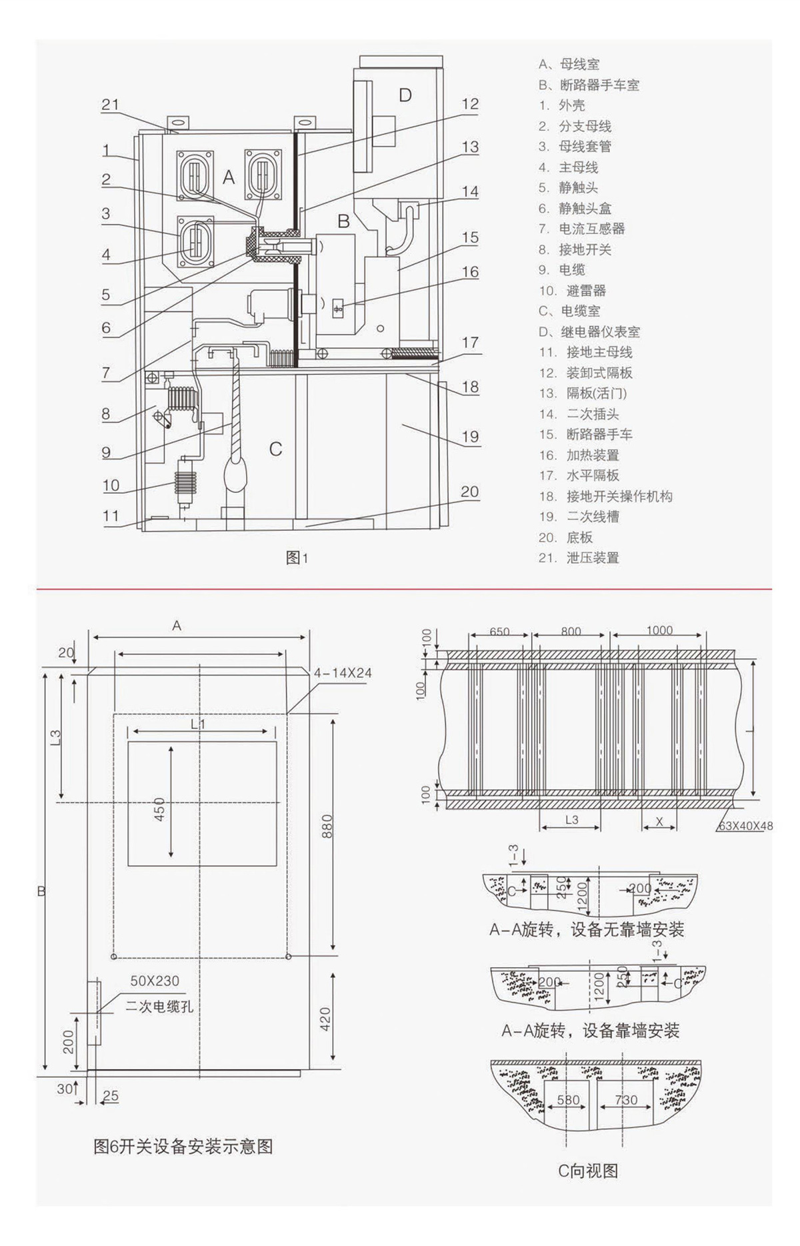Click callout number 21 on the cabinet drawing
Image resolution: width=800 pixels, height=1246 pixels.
pos(110,105)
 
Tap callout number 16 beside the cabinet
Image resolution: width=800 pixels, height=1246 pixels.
pos(470,272)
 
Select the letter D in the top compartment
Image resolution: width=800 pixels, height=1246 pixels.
pos(405,95)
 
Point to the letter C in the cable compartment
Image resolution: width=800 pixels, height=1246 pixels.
pos(275,449)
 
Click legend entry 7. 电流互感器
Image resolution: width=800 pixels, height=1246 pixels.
pos(582,229)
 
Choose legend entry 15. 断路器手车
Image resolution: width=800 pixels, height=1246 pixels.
pos(586,434)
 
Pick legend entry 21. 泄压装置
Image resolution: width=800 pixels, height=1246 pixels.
pos(579,558)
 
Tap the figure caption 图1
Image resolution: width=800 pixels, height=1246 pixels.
pos(297,558)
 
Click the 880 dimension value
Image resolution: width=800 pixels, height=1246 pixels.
pos(327,827)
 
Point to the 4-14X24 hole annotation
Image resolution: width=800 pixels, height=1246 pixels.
pos(343,673)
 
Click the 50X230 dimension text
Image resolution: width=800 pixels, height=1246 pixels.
pos(155,981)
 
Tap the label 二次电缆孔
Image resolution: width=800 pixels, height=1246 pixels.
pos(160,1007)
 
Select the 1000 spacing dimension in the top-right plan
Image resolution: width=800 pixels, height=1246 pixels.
pos(659,630)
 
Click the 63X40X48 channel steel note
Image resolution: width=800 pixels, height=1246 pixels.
pos(745,826)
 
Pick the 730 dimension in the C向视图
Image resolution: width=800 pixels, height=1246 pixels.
pos(626,1100)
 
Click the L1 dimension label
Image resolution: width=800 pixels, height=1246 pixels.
pos(198,724)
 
